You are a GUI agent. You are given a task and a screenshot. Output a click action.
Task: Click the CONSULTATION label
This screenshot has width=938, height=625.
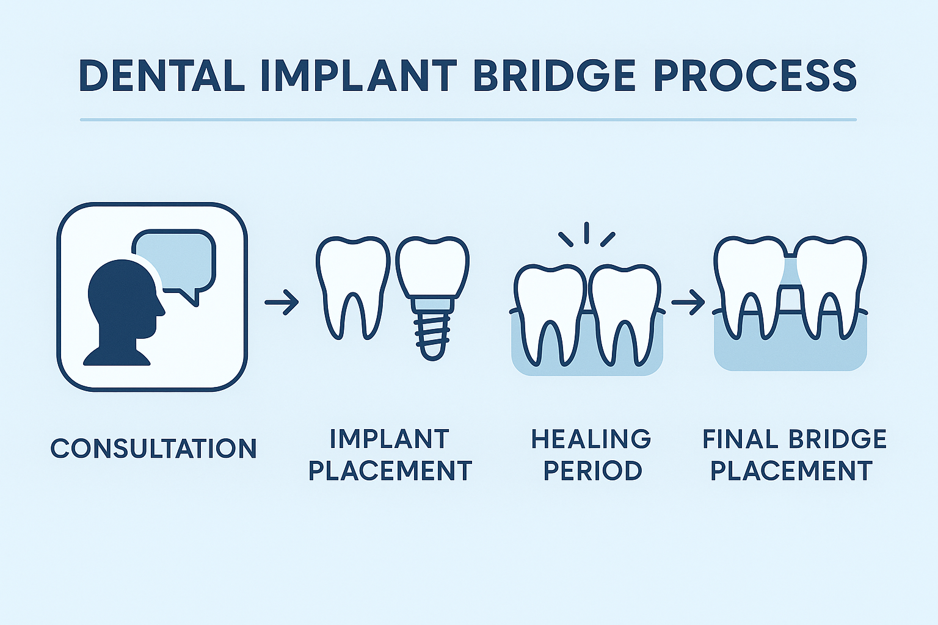[x=154, y=449]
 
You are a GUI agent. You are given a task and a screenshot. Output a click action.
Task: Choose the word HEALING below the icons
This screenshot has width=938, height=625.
[x=591, y=439]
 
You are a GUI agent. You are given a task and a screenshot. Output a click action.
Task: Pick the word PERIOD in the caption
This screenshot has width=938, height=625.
[x=592, y=471]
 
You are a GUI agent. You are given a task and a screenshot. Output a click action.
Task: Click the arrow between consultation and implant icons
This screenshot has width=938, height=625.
[x=282, y=302]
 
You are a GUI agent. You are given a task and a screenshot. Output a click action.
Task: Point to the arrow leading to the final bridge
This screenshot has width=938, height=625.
[x=688, y=302]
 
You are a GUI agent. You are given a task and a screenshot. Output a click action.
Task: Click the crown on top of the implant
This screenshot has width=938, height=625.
[x=432, y=266]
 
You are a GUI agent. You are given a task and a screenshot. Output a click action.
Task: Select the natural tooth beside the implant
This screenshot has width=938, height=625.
[x=352, y=281]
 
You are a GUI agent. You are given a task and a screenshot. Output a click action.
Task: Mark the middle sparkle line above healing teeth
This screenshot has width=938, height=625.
[x=586, y=233]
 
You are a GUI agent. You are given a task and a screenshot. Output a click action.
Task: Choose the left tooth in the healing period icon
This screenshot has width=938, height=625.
[x=549, y=305]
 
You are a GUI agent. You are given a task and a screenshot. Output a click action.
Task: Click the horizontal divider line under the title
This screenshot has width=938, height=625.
[x=468, y=120]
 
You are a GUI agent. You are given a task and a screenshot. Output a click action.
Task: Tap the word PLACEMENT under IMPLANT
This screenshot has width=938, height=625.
[x=391, y=471]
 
